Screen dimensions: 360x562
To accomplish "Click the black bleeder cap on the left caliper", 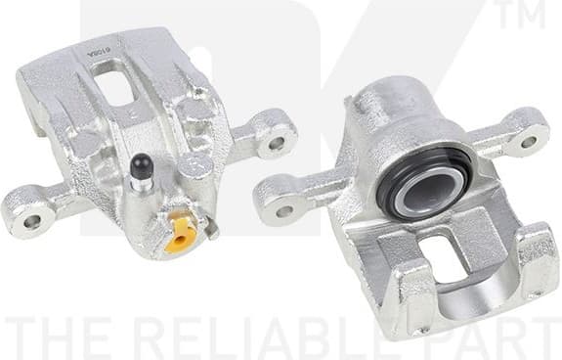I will pos(140,169).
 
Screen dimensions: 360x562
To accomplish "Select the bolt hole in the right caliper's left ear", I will pos(284,209).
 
